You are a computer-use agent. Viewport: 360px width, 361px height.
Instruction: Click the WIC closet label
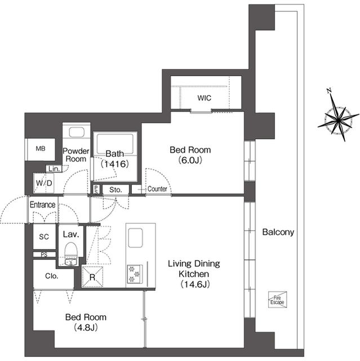coord(204,98)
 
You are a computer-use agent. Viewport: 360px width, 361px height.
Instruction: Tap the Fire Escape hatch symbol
coord(278,300)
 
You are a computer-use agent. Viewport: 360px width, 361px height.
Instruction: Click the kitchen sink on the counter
coord(135,238)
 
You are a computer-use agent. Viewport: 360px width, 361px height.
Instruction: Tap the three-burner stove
coord(135,274)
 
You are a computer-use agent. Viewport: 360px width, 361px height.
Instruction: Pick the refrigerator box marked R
coord(92,277)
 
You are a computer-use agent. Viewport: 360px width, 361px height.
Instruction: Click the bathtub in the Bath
coord(115,144)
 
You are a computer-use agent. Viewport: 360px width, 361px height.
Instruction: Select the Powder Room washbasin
coord(77,132)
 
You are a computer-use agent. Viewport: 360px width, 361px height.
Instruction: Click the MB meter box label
coord(41,149)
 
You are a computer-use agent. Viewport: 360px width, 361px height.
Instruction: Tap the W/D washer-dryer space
coord(44,183)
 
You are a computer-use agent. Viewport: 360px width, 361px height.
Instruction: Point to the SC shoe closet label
coord(44,237)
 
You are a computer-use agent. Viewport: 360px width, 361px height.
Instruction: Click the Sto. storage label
coord(115,190)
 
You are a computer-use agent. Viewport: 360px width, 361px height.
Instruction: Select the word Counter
coord(157,189)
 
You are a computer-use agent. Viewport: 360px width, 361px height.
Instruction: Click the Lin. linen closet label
coord(54,169)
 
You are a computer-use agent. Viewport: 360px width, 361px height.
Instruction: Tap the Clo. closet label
coord(51,276)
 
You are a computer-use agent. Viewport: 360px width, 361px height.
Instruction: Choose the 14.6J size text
coord(195,284)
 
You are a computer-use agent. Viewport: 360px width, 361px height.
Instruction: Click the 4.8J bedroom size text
coord(86,327)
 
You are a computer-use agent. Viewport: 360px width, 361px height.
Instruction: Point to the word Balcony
coord(278,232)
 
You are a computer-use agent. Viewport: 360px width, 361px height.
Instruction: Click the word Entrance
coord(43,204)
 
